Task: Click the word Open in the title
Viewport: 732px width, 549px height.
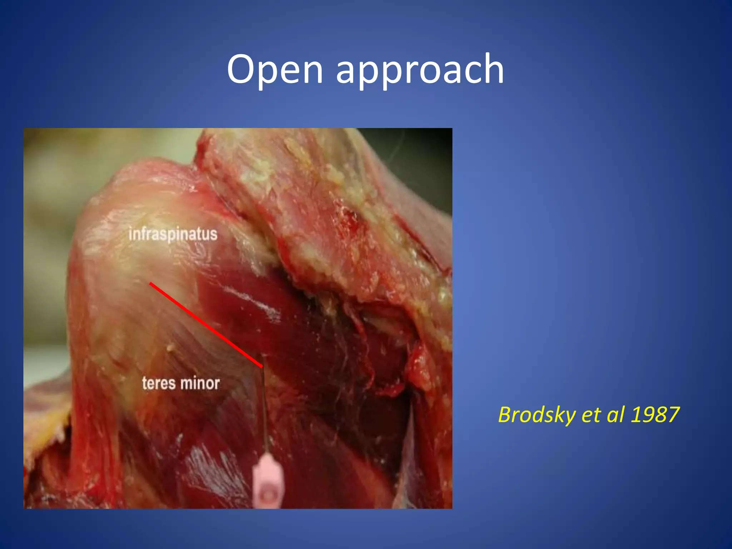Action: tap(275, 70)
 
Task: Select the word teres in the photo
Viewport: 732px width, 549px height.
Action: tap(159, 383)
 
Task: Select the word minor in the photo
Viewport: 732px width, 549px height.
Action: tap(200, 383)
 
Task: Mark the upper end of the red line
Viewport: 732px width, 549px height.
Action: tap(150, 283)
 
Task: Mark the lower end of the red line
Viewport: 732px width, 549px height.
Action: tap(262, 366)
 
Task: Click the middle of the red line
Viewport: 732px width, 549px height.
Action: tap(206, 325)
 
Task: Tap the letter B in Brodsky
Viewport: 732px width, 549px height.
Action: tap(505, 415)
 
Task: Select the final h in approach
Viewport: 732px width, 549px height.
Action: tap(492, 68)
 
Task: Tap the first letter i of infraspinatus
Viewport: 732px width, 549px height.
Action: tap(130, 234)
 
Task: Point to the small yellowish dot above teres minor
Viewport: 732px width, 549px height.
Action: tap(170, 347)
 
